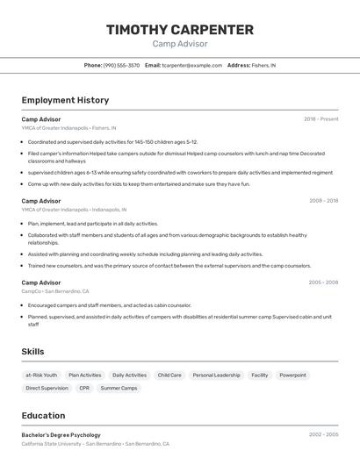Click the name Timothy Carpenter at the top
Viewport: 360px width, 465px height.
coord(180,30)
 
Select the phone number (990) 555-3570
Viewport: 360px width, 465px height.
coord(121,65)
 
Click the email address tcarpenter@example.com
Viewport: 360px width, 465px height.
coord(192,65)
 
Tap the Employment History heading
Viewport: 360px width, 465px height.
coord(65,100)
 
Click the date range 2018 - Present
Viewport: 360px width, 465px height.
coord(320,118)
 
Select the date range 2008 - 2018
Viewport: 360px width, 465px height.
coord(323,200)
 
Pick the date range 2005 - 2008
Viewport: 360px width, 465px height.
coord(323,283)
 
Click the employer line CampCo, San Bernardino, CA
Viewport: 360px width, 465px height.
coord(55,291)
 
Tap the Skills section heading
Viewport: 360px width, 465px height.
coord(33,351)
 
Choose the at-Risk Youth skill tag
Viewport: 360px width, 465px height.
coord(41,375)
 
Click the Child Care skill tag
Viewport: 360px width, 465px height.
coord(169,375)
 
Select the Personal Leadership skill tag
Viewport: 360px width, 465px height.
coord(216,375)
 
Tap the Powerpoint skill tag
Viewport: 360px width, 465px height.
coord(292,375)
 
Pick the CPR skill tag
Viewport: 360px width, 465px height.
coord(84,388)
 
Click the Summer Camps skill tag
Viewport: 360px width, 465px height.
coord(119,388)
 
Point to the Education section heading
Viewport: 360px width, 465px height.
coord(43,415)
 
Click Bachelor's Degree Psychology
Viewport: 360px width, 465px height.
coord(61,434)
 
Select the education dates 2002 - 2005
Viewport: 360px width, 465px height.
coord(323,434)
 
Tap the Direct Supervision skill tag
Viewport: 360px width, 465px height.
coord(47,388)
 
